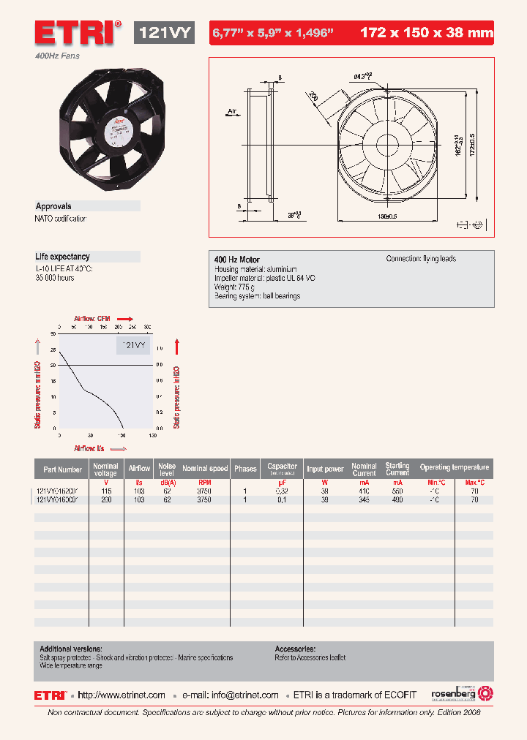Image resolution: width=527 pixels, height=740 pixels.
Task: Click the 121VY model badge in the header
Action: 165,32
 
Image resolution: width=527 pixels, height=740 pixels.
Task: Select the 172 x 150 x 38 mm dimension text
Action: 427,32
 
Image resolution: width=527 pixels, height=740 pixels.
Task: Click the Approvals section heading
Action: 53,206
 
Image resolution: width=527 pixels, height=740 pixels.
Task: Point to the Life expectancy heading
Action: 62,257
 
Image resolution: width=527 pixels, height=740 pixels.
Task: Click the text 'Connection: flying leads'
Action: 421,259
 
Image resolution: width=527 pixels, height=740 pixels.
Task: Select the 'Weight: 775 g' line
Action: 237,287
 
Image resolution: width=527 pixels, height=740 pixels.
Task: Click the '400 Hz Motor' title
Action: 236,260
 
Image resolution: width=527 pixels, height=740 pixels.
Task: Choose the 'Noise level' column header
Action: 167,468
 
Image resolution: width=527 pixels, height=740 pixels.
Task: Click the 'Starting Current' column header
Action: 397,469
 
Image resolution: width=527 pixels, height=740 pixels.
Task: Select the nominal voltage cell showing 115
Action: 106,491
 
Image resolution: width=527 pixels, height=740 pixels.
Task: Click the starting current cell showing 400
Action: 397,500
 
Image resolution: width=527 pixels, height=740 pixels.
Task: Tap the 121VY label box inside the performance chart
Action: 132,345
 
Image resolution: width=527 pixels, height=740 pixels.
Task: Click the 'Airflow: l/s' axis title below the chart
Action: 89,448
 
